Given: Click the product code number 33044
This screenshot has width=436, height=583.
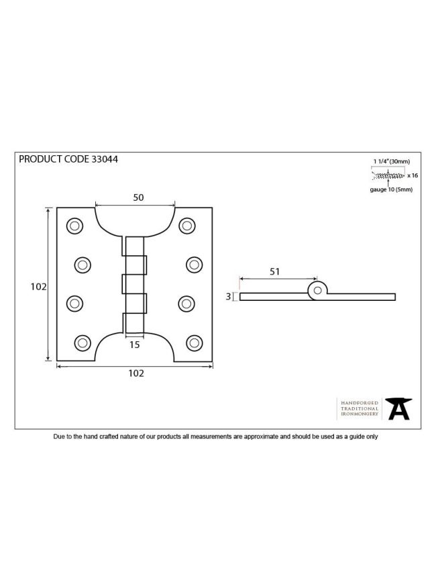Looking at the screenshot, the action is [105, 159].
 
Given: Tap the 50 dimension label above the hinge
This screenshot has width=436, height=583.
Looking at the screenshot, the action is [138, 197].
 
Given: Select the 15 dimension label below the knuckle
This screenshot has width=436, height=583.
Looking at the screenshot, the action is [134, 345].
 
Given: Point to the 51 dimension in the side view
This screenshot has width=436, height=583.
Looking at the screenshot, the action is [274, 272].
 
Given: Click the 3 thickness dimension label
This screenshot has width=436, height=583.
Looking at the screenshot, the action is [228, 296].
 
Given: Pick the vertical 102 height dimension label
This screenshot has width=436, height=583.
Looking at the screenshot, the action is [38, 287].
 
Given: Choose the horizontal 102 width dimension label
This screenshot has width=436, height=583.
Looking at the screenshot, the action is [136, 373].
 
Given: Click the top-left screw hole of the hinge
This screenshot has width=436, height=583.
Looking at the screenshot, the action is [74, 226].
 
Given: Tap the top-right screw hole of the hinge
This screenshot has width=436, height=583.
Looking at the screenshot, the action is [186, 226].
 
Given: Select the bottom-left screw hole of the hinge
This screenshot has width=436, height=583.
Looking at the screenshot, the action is [83, 343].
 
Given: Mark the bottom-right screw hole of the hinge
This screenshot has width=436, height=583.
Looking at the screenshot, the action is [195, 343].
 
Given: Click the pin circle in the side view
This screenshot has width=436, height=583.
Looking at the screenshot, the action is [317, 290].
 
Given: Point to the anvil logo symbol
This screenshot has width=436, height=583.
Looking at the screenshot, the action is [398, 408].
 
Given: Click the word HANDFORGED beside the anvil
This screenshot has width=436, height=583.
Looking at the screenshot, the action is [360, 403].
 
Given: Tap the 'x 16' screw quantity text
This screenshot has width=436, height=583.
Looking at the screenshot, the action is [413, 175].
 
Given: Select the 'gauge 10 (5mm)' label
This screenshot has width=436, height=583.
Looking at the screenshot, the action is [391, 189].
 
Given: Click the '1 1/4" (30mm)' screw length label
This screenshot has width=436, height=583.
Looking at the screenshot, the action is [392, 161].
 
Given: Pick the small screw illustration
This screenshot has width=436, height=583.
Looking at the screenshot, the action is [388, 175].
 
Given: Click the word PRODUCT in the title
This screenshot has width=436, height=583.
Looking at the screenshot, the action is [40, 159].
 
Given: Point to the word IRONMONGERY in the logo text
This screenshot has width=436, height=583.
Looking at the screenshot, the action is [360, 414].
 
